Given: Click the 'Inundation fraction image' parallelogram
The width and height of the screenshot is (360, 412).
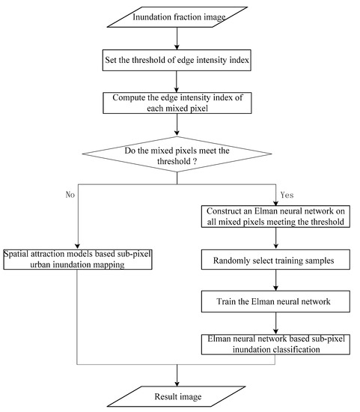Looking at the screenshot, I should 177,16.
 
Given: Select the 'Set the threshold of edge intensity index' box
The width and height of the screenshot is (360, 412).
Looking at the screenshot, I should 177,59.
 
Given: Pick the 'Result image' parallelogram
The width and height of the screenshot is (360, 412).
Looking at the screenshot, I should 177,395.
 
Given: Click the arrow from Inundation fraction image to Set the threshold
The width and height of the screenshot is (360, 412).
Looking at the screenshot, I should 177,37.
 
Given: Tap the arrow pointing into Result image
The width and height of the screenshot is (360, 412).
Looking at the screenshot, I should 177,375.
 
